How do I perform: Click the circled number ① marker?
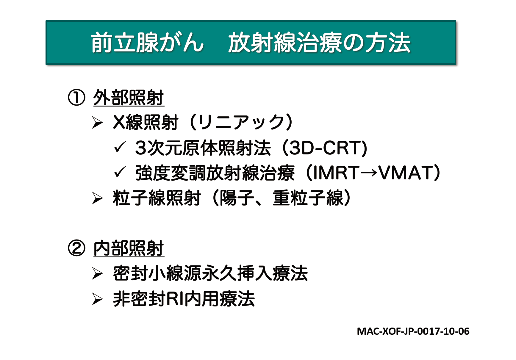click(x=76, y=98)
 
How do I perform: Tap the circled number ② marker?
click(x=76, y=248)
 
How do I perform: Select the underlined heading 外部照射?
click(x=129, y=98)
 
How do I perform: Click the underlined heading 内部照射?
click(x=129, y=248)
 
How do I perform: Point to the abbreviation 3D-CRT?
click(x=325, y=148)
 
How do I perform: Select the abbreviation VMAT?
click(x=405, y=173)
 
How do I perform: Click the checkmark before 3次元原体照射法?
click(x=120, y=147)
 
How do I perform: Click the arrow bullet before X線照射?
click(x=97, y=123)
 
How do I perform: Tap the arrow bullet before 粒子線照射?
click(x=97, y=198)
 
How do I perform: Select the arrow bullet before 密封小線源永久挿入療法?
click(x=97, y=273)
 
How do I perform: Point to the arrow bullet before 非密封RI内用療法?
click(x=97, y=299)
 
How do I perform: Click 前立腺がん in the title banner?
click(x=147, y=43)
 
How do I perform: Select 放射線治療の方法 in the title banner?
click(x=319, y=43)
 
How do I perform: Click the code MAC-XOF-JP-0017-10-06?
click(x=413, y=331)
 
